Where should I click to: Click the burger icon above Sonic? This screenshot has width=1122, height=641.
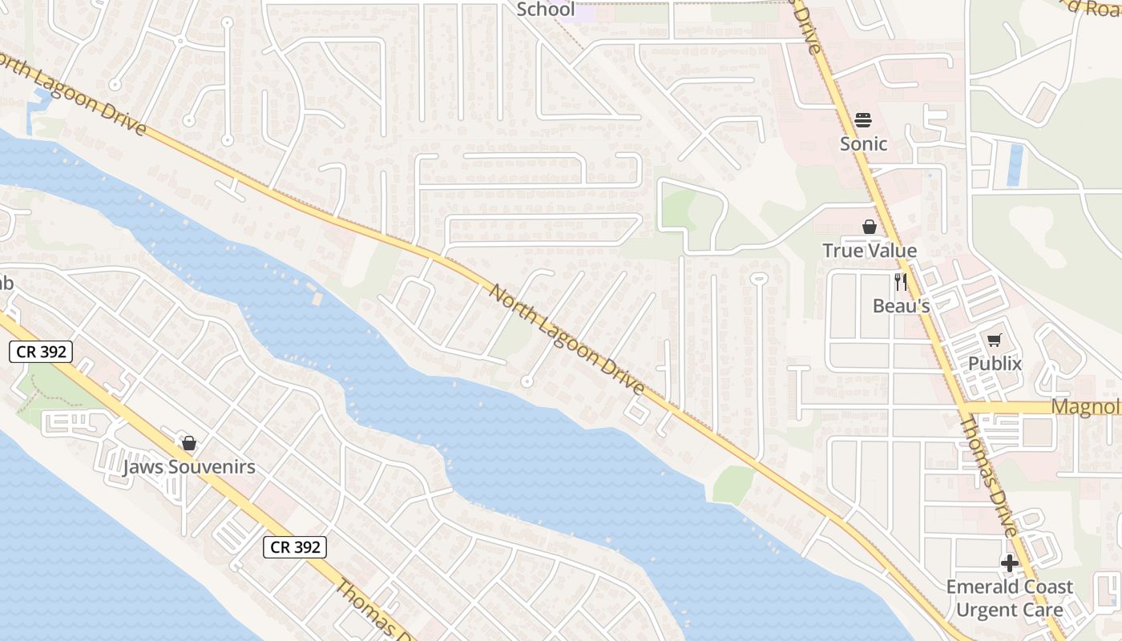[863, 120]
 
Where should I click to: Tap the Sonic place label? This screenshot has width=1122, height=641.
[863, 144]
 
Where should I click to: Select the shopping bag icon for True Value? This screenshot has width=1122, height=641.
[870, 227]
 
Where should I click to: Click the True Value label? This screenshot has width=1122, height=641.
[870, 251]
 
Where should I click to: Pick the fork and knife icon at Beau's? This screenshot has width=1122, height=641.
[901, 282]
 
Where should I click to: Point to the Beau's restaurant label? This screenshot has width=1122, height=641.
[901, 305]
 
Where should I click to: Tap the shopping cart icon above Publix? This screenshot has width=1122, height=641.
[995, 341]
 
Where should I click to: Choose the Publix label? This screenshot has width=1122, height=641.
[995, 364]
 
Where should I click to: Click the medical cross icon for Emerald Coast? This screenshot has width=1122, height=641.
[1009, 563]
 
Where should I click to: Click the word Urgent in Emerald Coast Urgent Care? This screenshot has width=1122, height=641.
[982, 611]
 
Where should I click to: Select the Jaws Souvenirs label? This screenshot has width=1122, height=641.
[189, 467]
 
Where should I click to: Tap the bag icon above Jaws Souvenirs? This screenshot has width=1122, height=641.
[189, 443]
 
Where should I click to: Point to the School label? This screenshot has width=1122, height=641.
[546, 10]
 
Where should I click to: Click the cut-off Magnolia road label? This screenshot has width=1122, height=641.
[1086, 407]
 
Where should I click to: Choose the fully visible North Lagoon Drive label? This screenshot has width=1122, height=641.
[567, 340]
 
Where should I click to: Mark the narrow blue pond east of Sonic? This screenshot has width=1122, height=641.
[1015, 164]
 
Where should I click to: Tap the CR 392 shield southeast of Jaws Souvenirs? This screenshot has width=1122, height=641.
[295, 547]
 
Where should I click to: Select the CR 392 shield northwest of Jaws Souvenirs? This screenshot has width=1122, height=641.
[42, 351]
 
